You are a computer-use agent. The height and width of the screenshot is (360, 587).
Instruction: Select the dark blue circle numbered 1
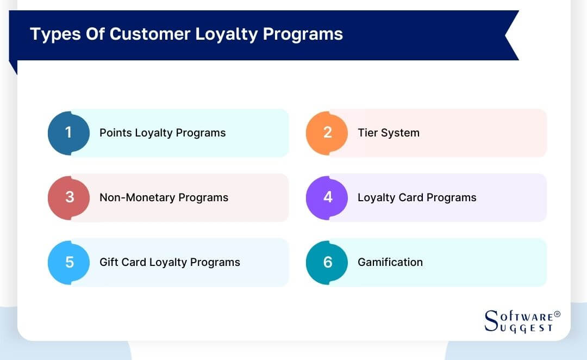pos(68,133)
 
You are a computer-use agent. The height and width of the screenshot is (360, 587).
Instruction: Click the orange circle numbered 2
pos(327,133)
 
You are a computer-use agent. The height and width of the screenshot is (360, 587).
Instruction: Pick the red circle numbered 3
pos(68,197)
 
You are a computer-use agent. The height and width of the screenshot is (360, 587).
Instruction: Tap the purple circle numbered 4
pos(327,197)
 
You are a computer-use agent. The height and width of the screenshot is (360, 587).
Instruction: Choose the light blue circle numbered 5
pos(68,262)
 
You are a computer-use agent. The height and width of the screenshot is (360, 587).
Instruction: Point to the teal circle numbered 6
pos(327,262)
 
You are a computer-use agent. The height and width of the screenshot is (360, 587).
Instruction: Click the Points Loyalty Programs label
pos(162,133)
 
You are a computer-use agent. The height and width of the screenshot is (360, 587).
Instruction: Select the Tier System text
pos(388,133)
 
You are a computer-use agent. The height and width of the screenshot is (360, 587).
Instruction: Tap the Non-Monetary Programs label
pos(164,197)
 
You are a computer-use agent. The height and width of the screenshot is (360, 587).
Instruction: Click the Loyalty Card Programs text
pos(416,197)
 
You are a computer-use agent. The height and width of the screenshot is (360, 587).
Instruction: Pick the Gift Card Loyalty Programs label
pos(170,262)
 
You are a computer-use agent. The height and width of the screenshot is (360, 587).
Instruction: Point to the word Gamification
pos(390,262)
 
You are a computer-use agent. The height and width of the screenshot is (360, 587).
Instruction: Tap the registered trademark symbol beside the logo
pos(557,314)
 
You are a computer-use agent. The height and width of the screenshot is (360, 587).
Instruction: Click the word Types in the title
pos(51,34)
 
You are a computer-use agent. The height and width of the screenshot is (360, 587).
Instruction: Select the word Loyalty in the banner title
pos(226,34)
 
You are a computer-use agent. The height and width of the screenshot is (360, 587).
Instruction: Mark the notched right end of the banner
pos(511,35)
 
